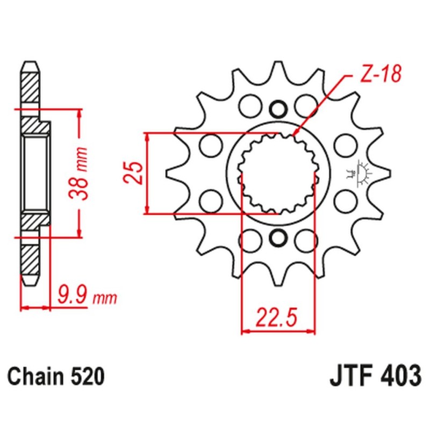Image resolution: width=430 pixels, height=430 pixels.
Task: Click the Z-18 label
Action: [x=379, y=76]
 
